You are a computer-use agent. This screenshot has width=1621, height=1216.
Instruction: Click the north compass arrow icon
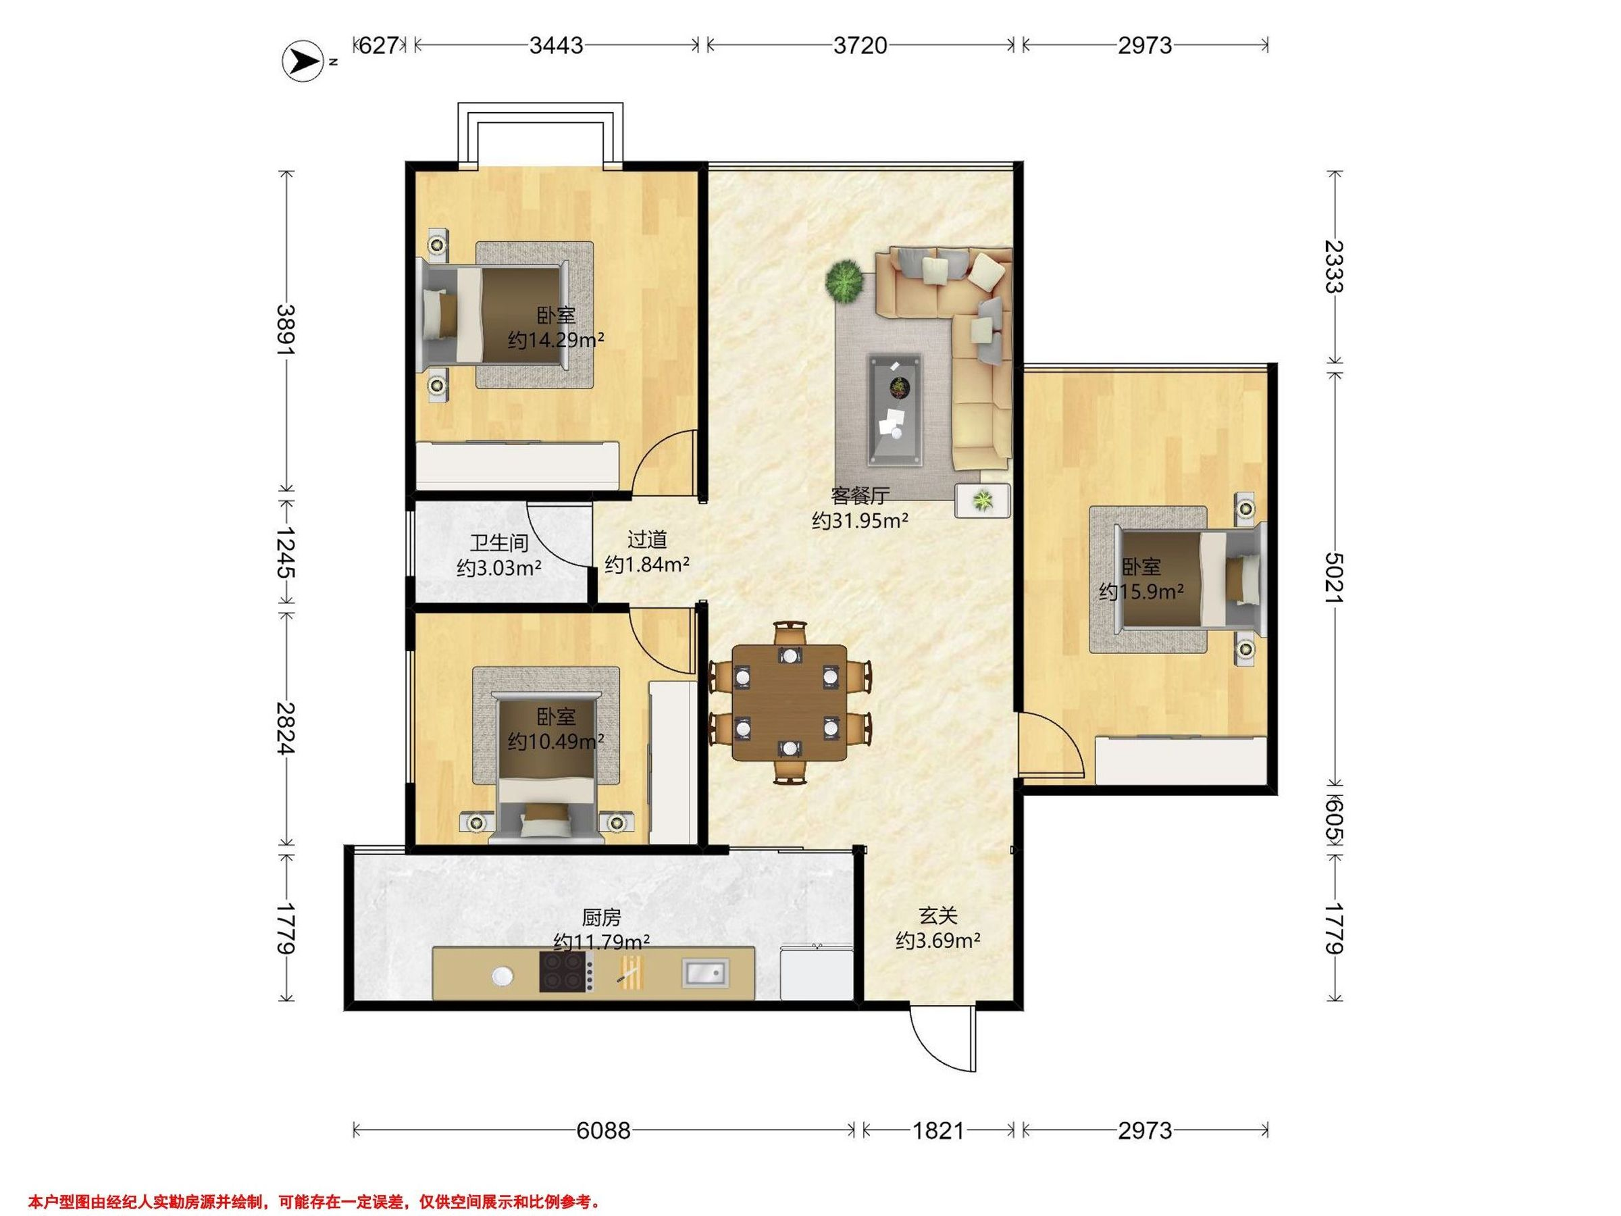pos(303,61)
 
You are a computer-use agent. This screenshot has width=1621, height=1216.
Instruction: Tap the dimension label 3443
pos(557,45)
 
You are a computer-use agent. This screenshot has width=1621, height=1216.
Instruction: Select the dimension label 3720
pos(860,45)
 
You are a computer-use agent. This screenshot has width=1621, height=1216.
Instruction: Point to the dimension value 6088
pos(603,1130)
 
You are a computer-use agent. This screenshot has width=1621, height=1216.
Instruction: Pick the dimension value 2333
pos(1335,267)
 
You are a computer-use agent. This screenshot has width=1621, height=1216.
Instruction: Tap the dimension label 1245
pos(286,553)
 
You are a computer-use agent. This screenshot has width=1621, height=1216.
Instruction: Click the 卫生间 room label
pos(499,542)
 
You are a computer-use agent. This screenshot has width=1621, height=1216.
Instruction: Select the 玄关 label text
pos(938,915)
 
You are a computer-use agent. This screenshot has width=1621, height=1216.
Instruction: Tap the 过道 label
pos(647,540)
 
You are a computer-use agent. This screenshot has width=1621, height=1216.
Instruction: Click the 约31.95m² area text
pos(860,521)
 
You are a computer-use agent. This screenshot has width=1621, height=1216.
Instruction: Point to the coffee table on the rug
pos(896,410)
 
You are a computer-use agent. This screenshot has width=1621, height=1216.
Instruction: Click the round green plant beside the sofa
pos(844,279)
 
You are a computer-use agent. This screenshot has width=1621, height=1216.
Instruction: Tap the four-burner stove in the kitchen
pos(566,972)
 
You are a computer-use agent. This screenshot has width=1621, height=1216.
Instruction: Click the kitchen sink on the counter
pos(705,973)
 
